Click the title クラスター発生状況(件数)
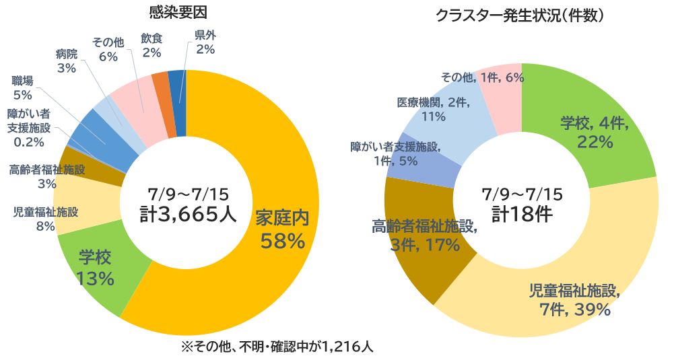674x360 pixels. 519,14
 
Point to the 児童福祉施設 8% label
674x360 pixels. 46,219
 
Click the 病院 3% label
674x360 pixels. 67,61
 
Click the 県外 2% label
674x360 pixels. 205,42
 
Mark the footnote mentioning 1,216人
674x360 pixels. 276,347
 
